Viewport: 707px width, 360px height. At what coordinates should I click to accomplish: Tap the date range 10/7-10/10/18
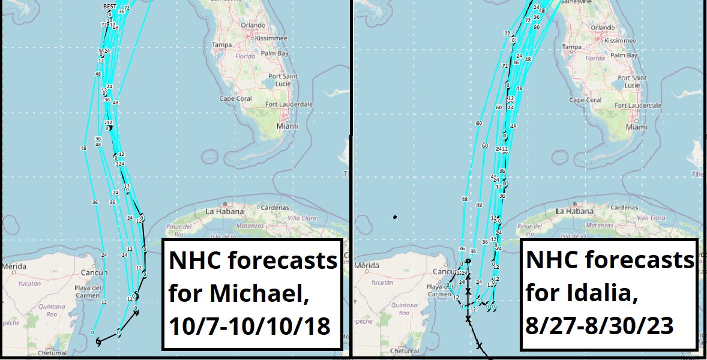click(250, 327)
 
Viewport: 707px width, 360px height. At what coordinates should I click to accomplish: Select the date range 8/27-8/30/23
click(600, 327)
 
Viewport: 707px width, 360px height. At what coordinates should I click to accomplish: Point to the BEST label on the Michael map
click(110, 6)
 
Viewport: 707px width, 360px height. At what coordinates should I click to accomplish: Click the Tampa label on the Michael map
click(221, 45)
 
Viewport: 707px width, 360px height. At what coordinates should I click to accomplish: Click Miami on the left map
click(287, 127)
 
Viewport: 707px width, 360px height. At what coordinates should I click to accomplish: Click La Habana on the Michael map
click(224, 211)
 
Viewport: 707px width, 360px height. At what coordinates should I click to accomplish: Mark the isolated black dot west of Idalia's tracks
click(394, 217)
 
